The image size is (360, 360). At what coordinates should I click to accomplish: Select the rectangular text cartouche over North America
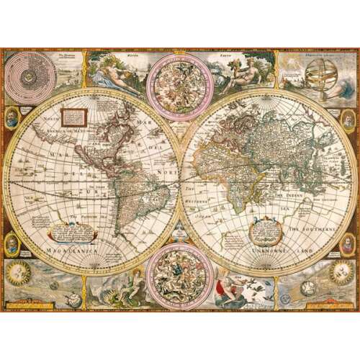[x=73, y=113]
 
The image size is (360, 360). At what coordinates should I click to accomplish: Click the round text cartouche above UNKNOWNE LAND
[x=261, y=230]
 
